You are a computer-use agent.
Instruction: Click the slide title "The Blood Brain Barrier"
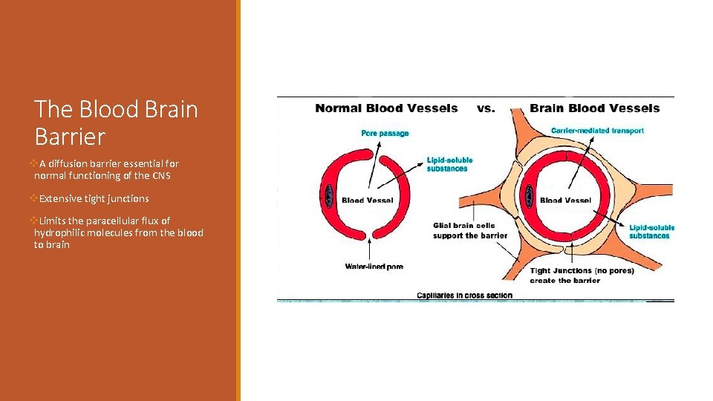(x=116, y=123)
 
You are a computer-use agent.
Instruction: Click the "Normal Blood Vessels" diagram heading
(x=386, y=108)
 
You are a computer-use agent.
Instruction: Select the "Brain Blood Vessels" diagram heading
(x=594, y=108)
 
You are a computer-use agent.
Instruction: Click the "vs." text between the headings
(x=486, y=108)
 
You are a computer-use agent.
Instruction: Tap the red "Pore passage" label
(x=385, y=134)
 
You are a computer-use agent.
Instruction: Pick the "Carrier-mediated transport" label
(x=597, y=131)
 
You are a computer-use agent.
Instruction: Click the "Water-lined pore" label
(x=374, y=267)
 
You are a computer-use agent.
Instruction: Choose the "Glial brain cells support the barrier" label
(x=470, y=230)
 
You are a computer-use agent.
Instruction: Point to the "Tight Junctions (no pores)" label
(x=582, y=271)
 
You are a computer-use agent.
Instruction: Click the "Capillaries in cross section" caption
(x=464, y=296)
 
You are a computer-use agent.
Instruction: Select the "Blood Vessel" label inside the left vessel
(x=367, y=200)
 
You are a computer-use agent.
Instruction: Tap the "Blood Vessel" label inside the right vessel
(x=565, y=200)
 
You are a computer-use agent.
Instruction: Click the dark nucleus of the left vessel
(x=330, y=196)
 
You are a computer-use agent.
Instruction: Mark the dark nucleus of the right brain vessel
(x=529, y=196)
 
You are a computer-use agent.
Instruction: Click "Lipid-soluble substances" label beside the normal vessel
(x=449, y=164)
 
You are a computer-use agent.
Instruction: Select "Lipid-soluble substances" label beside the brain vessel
(x=651, y=232)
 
